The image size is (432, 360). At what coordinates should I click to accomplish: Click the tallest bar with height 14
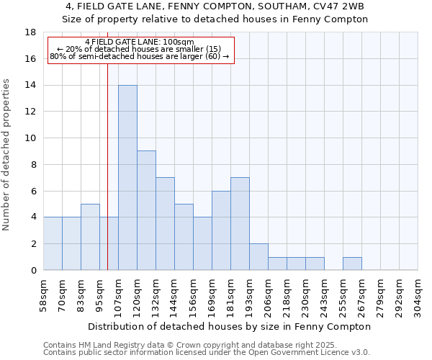click(127, 178)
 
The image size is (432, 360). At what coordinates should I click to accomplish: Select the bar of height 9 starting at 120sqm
click(146, 210)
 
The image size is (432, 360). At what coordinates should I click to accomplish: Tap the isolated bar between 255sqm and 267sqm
click(352, 264)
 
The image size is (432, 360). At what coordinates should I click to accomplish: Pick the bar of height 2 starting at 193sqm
click(258, 257)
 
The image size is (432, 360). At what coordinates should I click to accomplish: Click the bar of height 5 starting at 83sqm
click(90, 237)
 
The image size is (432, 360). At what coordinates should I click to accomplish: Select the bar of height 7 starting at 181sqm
click(240, 223)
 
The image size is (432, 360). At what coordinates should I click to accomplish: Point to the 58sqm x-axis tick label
click(44, 296)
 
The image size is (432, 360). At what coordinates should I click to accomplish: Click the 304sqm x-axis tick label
click(418, 296)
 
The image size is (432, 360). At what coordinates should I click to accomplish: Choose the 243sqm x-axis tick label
click(325, 296)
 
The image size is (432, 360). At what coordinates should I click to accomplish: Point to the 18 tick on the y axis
click(30, 32)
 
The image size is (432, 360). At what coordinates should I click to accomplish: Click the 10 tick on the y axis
click(30, 138)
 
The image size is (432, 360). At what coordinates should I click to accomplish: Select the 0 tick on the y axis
click(33, 271)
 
